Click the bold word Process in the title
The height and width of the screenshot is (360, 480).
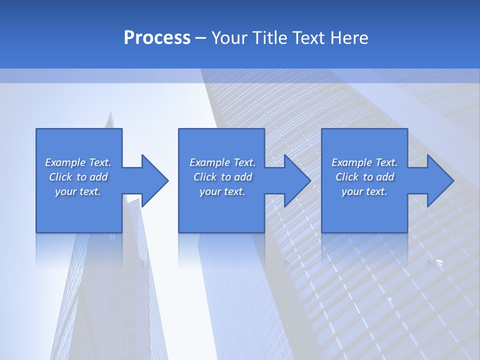[157, 38]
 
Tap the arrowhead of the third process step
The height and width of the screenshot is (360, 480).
[439, 180]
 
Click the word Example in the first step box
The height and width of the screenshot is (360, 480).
[65, 162]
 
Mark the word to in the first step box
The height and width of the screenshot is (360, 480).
[81, 177]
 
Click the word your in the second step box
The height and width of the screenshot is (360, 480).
[210, 191]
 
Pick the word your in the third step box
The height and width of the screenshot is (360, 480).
[352, 191]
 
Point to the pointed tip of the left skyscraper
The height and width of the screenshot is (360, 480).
[110, 113]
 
